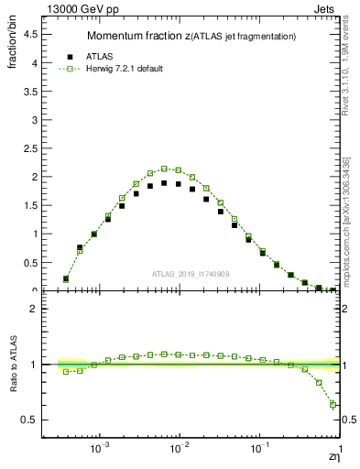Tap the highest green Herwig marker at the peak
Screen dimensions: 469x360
click(x=164, y=169)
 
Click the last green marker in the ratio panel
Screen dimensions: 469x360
click(x=333, y=405)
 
